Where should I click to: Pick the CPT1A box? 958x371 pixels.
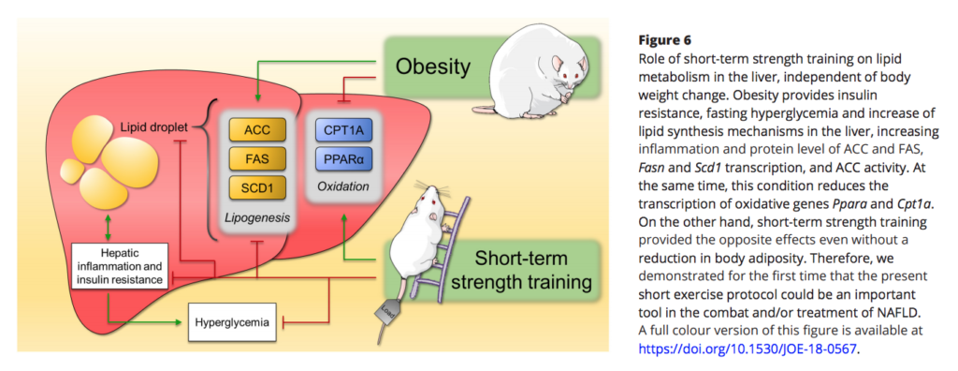click(x=343, y=130)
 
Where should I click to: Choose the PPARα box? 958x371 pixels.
click(x=343, y=158)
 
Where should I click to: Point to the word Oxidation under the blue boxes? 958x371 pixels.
click(x=343, y=186)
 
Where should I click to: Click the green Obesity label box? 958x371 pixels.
click(x=431, y=67)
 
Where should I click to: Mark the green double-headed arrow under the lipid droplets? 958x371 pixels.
click(x=109, y=226)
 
